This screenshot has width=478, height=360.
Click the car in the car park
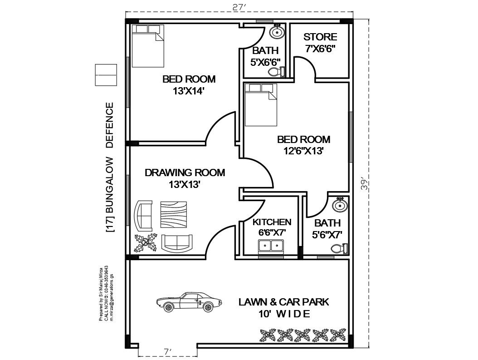[x=189, y=302]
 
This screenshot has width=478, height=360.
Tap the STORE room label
[x=320, y=37]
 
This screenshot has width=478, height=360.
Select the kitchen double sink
[x=270, y=247]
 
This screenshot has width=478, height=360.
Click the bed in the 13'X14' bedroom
[x=147, y=46]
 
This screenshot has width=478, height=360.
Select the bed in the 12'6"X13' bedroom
[x=261, y=105]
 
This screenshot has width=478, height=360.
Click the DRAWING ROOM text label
[x=185, y=173]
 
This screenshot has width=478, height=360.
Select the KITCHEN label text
[x=272, y=222]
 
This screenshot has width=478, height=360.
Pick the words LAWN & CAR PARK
[x=284, y=302]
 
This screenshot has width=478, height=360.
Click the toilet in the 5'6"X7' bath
[x=339, y=248]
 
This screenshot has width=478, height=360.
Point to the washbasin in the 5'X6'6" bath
[x=277, y=32]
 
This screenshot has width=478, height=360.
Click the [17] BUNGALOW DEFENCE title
[x=110, y=168]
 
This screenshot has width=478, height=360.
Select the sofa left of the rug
[x=144, y=216]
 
